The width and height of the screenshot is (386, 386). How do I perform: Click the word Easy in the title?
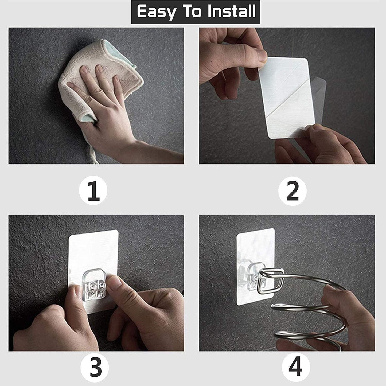156,12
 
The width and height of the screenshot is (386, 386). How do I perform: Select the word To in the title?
192,11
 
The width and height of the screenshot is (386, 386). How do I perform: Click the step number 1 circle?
93,190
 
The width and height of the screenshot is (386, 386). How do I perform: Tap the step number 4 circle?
296,367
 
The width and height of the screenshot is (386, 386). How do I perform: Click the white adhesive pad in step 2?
286,98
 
